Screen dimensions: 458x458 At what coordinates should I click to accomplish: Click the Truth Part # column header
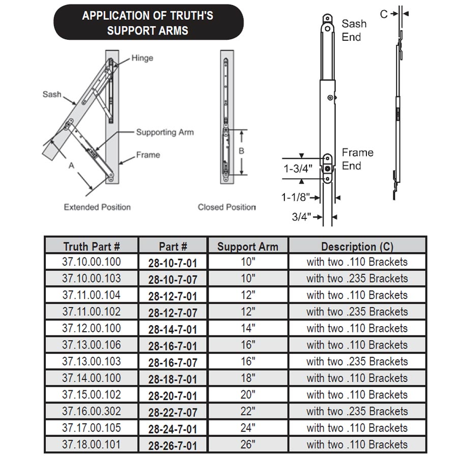click(x=92, y=246)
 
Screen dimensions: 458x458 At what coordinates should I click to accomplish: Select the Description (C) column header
click(x=357, y=246)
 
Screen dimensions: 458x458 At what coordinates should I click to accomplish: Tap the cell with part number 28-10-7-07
click(x=173, y=279)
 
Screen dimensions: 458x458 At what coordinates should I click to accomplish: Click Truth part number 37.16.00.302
click(x=92, y=411)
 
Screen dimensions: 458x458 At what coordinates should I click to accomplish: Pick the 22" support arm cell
click(x=247, y=411)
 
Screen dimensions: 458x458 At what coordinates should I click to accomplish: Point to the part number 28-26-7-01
click(x=173, y=445)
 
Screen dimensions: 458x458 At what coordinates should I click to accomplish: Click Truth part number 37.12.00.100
click(x=92, y=328)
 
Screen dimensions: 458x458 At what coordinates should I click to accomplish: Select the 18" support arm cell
click(x=247, y=378)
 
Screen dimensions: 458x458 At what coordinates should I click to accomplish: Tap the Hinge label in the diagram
click(x=142, y=58)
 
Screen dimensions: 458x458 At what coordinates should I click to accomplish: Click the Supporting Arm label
click(x=164, y=132)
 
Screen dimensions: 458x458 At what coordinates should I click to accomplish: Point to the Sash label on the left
click(x=52, y=94)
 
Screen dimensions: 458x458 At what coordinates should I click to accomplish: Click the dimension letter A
click(x=71, y=165)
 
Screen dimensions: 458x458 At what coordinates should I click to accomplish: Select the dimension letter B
click(x=242, y=151)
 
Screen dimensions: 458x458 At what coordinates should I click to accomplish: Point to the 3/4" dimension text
click(x=302, y=217)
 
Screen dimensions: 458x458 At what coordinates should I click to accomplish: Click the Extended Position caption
click(x=97, y=207)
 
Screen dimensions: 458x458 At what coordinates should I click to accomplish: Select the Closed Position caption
click(x=226, y=207)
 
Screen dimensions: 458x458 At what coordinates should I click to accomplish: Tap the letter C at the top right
click(x=384, y=14)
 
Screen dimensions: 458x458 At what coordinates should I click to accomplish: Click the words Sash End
click(x=353, y=30)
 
